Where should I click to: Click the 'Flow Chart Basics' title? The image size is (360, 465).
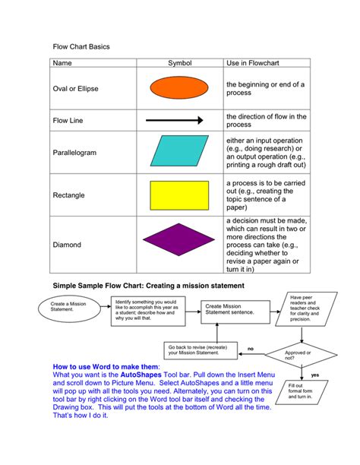(81, 46)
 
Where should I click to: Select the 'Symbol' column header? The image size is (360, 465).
(180, 62)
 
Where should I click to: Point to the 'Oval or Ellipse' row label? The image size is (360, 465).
(75, 89)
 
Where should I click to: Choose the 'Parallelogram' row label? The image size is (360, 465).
(74, 153)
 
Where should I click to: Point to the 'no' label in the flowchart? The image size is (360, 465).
(250, 349)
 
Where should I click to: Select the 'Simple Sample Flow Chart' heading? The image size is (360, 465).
(147, 286)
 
